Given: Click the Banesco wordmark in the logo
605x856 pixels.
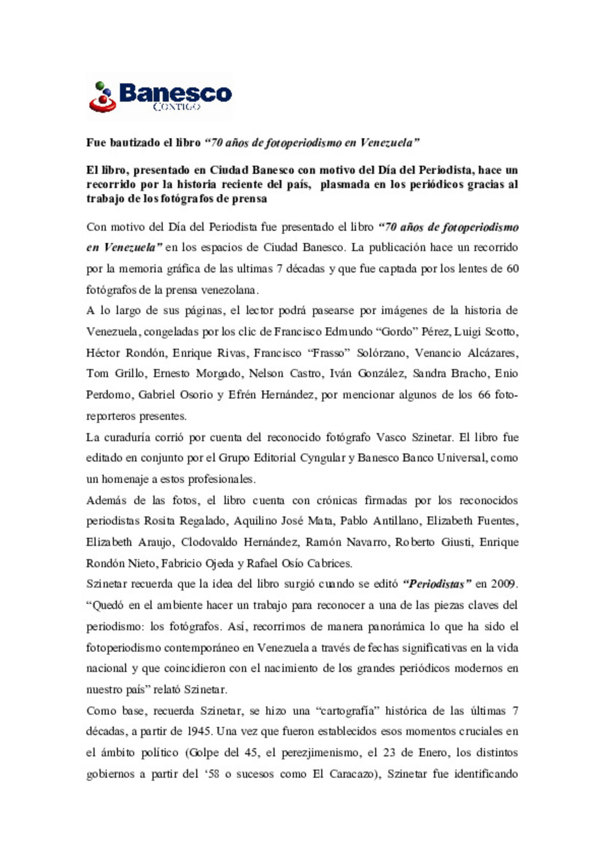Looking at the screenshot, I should click(x=175, y=92).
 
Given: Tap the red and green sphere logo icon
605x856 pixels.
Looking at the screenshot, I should click(x=102, y=97).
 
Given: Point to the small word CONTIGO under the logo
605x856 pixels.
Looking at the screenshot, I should click(x=176, y=106).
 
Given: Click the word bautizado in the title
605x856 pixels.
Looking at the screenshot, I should click(x=133, y=143).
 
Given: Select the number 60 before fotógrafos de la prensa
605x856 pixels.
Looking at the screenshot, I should click(x=512, y=269).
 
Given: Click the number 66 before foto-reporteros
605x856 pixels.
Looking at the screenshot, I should click(x=484, y=395).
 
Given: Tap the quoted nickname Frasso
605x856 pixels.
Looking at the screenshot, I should click(x=329, y=353).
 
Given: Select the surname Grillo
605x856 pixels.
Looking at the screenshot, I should click(x=129, y=374).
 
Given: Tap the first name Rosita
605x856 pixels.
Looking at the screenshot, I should click(x=159, y=521).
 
